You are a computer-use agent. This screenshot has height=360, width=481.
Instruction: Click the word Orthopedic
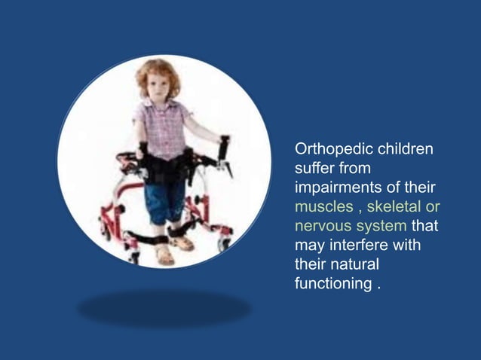coord(329,148)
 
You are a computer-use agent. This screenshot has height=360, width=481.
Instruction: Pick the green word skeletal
coord(395,207)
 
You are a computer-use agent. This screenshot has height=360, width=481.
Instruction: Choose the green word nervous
coord(320,227)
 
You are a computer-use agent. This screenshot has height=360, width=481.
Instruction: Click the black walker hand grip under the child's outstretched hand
coord(224,147)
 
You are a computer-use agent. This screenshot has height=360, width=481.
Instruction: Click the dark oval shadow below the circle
coord(164,308)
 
